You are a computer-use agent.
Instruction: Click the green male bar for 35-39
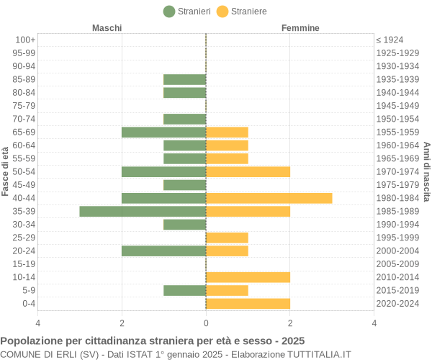pyautogui.click(x=143, y=211)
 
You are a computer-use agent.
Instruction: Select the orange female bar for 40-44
pyautogui.click(x=269, y=198)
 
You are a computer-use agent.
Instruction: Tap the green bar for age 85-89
pyautogui.click(x=184, y=79)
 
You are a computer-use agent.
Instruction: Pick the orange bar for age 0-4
pyautogui.click(x=248, y=303)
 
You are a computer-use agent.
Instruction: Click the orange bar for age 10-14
pyautogui.click(x=248, y=277)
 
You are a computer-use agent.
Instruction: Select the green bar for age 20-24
pyautogui.click(x=163, y=251)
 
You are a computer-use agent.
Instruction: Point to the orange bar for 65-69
pyautogui.click(x=227, y=132)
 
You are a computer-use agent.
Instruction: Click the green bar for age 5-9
pyautogui.click(x=184, y=290)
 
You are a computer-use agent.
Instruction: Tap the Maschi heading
pyautogui.click(x=107, y=27)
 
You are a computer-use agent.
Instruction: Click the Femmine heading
pyautogui.click(x=300, y=27)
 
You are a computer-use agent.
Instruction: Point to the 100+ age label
pyautogui.click(x=25, y=40)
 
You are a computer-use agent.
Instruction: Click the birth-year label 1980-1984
pyautogui.click(x=397, y=198)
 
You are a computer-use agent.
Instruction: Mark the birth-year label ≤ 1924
pyautogui.click(x=390, y=40)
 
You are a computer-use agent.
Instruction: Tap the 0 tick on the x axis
pyautogui.click(x=206, y=323)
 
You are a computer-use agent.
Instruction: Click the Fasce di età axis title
pyautogui.click(x=6, y=171)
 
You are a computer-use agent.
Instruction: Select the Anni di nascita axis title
pyautogui.click(x=426, y=171)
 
